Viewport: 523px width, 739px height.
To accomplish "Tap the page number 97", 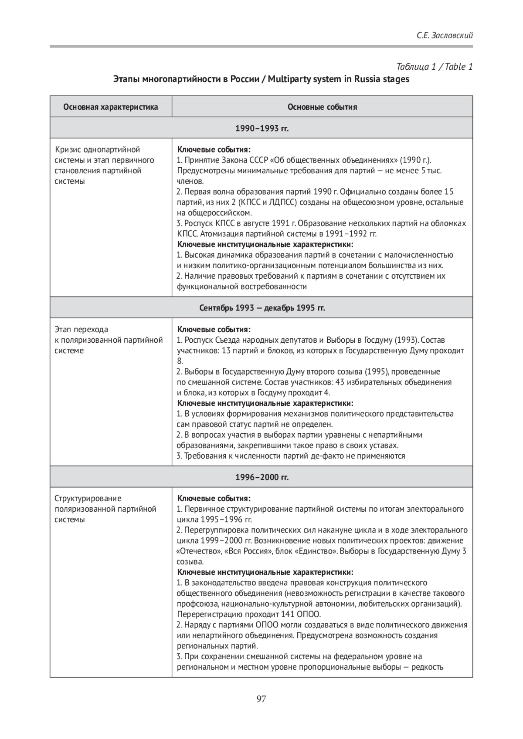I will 261,699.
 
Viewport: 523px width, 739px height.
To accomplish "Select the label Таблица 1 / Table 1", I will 435,67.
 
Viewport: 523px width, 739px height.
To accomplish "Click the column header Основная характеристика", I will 111,107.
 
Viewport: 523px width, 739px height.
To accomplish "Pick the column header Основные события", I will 322,107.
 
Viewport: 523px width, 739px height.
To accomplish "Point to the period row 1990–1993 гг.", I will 261,128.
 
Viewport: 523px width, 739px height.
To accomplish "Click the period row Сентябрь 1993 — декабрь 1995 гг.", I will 261,308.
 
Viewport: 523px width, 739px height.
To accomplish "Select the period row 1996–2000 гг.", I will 261,477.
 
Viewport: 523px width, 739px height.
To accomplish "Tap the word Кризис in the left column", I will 68,150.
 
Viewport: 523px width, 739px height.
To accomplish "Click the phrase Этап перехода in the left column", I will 81,330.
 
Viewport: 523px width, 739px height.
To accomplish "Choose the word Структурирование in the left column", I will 88,499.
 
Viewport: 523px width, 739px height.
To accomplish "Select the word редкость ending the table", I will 426,667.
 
